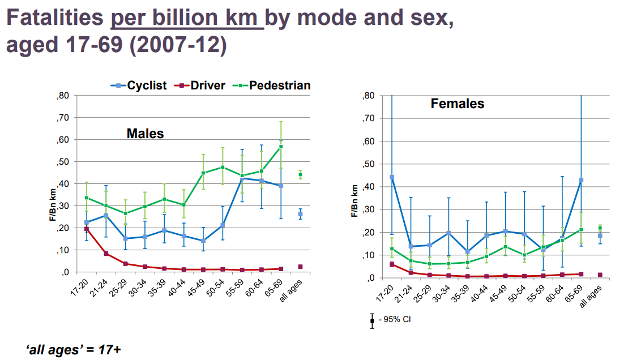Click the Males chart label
(x=145, y=134)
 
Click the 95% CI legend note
(x=394, y=320)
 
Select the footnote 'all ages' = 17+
(x=74, y=349)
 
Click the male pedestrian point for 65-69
(x=281, y=147)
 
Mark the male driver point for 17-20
(x=87, y=229)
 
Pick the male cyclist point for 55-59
(x=242, y=178)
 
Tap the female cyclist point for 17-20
(x=392, y=177)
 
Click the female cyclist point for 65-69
(x=581, y=180)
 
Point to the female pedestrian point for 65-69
(x=581, y=230)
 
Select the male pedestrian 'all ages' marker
(x=300, y=175)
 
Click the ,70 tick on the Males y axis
(x=63, y=118)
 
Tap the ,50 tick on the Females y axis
(x=369, y=164)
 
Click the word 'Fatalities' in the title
(x=54, y=19)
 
